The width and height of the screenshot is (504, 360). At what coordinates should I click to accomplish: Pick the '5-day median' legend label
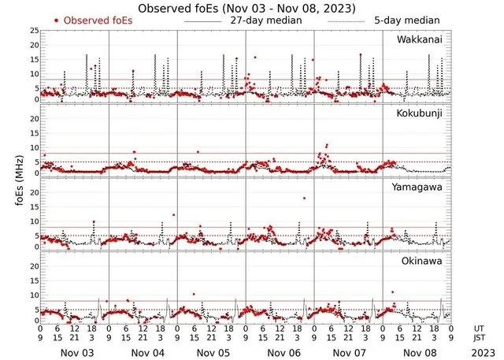click(x=406, y=20)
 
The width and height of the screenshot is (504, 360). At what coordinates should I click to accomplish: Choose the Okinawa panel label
click(x=423, y=260)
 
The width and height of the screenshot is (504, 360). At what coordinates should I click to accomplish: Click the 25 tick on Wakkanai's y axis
click(x=33, y=31)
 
